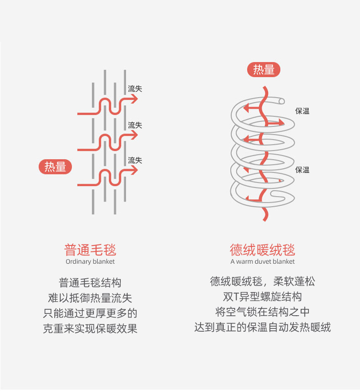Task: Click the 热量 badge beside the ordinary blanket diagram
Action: [55, 167]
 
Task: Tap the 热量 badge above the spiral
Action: [263, 70]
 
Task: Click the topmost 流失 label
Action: [135, 89]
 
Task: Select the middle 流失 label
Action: [135, 125]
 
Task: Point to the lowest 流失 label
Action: [135, 160]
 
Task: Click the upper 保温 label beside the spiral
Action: [302, 111]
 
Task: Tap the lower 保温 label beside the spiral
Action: [302, 170]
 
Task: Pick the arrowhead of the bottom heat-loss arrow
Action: [134, 170]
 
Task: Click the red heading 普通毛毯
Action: [90, 250]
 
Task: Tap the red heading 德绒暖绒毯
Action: [262, 250]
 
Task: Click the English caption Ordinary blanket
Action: [90, 261]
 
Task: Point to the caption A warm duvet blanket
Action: [262, 261]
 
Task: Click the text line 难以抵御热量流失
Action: [90, 298]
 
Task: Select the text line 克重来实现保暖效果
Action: [90, 328]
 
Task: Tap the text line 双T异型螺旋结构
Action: [262, 297]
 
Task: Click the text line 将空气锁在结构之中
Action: [262, 312]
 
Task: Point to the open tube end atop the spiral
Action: [282, 101]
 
